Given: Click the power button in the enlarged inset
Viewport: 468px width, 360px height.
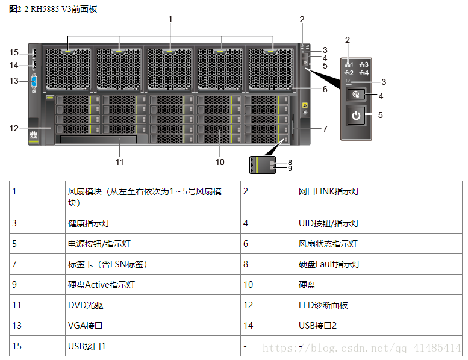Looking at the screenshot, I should point(357,116).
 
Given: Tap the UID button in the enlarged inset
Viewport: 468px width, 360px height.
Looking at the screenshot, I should point(357,95).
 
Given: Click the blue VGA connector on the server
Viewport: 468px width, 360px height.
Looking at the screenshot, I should point(33,82).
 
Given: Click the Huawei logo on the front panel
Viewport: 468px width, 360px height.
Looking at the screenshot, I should point(33,135).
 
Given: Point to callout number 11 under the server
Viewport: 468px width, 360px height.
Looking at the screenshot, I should point(120,161).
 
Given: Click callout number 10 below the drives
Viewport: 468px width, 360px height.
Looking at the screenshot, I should point(220,161).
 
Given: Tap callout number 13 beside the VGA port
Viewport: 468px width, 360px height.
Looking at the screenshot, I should point(14,81).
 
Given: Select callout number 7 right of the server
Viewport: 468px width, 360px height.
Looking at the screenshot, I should point(325,129).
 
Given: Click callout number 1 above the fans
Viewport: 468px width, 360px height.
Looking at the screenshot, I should point(170,19).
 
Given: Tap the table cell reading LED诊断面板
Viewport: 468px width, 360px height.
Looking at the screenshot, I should point(323,305).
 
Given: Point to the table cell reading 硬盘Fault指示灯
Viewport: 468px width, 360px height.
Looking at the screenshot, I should point(329,264).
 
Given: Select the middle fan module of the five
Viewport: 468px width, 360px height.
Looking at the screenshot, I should point(170,67).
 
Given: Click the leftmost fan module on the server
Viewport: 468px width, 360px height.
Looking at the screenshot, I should point(68,67).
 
